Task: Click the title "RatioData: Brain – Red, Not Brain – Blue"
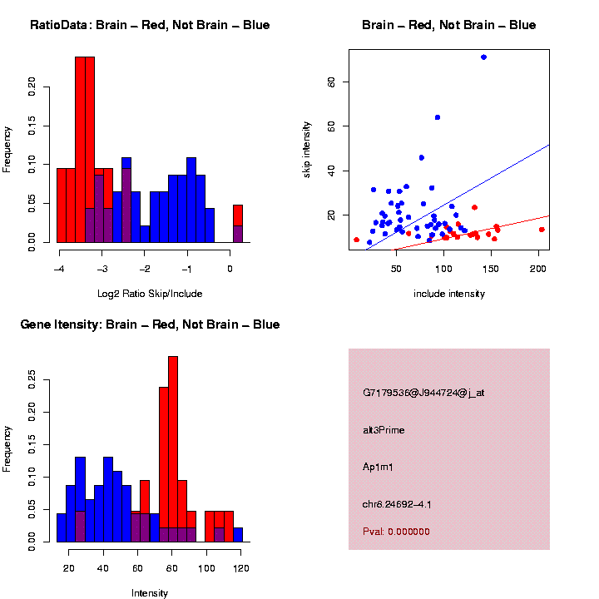tap(150, 26)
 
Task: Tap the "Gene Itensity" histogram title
tap(150, 324)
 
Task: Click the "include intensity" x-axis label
tap(449, 294)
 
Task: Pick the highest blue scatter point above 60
tap(483, 57)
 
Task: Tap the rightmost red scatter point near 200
tap(542, 230)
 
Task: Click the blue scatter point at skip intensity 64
tap(438, 117)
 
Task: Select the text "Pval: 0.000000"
tap(396, 532)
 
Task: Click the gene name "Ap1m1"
tap(378, 467)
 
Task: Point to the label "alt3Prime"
tap(384, 430)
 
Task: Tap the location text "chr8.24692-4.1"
tap(396, 504)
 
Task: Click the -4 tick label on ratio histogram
tap(58, 270)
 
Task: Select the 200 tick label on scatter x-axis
tap(537, 270)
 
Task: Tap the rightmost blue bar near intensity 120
tap(238, 534)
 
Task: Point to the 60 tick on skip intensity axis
tap(331, 82)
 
